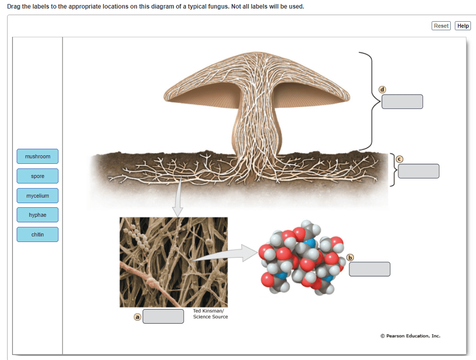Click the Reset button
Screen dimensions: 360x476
[x=441, y=26]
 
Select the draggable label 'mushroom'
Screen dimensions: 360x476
[x=37, y=156]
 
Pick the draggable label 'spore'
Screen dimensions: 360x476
[x=37, y=176]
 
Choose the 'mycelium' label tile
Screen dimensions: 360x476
[x=37, y=196]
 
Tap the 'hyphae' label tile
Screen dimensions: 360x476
[x=37, y=215]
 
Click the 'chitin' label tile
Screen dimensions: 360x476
[x=37, y=234]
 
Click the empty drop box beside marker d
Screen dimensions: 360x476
[x=402, y=101]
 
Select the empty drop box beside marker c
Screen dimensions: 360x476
[x=418, y=171]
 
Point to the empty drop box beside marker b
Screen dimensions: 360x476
[x=369, y=269]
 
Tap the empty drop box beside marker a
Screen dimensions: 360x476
[x=163, y=317]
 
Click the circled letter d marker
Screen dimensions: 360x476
[x=382, y=89]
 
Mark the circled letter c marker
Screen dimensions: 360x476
[x=399, y=158]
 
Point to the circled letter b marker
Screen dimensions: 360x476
[x=350, y=258]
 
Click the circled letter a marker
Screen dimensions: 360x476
[x=137, y=317]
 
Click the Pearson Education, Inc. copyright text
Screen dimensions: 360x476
[x=410, y=336]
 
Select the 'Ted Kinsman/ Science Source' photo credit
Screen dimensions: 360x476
[x=210, y=314]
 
